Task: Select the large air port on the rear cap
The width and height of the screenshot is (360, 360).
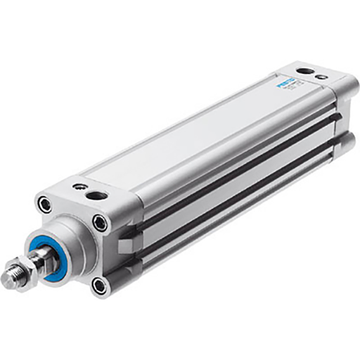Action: (303, 72)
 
